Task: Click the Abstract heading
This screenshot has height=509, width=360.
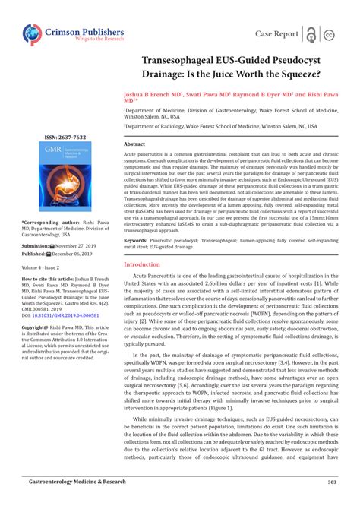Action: point(134,144)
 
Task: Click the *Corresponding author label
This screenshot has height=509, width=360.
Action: point(48,223)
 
